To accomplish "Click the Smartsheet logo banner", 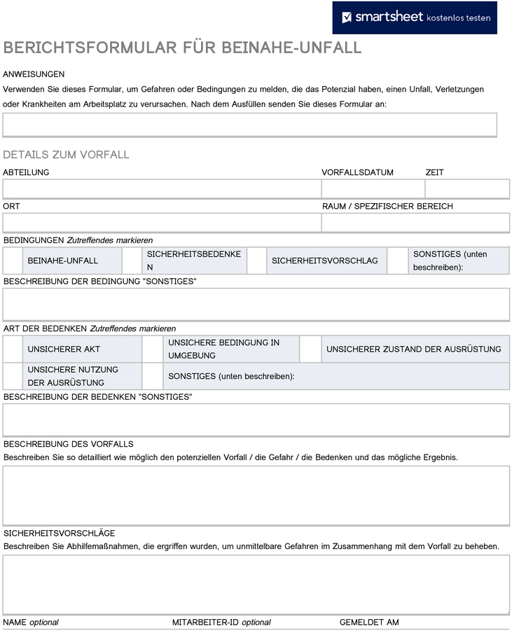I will pyautogui.click(x=415, y=18).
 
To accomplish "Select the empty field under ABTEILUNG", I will pyautogui.click(x=162, y=189).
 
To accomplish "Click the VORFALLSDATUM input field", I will pyautogui.click(x=373, y=189).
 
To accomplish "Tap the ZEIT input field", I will pyautogui.click(x=467, y=189).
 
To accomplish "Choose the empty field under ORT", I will pyautogui.click(x=162, y=223).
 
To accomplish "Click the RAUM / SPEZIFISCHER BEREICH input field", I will pyautogui.click(x=415, y=223).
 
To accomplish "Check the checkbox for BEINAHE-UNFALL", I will pyautogui.click(x=13, y=261).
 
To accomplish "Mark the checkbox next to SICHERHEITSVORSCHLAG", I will pyautogui.click(x=257, y=261).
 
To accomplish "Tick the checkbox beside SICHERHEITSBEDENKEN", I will pyautogui.click(x=132, y=261).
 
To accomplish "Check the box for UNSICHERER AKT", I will pyautogui.click(x=13, y=349).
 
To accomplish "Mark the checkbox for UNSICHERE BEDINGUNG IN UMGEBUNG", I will pyautogui.click(x=152, y=349).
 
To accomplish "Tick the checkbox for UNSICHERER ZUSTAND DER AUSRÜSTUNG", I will pyautogui.click(x=310, y=349).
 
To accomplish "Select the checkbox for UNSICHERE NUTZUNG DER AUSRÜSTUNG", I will pyautogui.click(x=13, y=376).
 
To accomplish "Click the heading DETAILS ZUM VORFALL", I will pyautogui.click(x=66, y=155).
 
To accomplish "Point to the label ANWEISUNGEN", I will pyautogui.click(x=34, y=74).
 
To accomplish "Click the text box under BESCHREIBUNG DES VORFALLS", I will pyautogui.click(x=256, y=495).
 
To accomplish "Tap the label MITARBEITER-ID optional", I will pyautogui.click(x=221, y=622).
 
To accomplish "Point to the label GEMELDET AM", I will pyautogui.click(x=369, y=622).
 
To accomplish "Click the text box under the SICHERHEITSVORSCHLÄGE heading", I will pyautogui.click(x=256, y=584).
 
